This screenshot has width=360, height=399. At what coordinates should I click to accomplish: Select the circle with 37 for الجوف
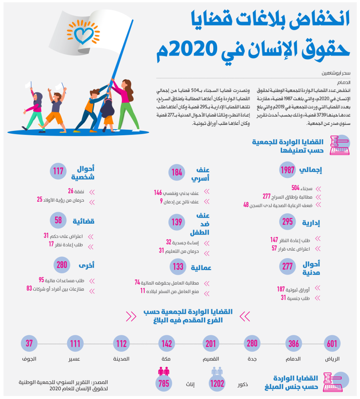coord(29,343)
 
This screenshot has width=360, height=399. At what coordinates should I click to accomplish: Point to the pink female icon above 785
coord(163,371)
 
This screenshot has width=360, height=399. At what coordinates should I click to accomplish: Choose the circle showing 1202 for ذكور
coord(217,383)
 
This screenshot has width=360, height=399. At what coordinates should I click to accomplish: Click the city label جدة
coord(252,359)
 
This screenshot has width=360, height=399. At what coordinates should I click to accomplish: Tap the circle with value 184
coord(177,172)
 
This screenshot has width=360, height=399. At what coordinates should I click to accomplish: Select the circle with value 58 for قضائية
coord(58,220)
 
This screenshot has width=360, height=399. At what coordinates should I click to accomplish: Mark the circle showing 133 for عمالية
coord(178,267)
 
